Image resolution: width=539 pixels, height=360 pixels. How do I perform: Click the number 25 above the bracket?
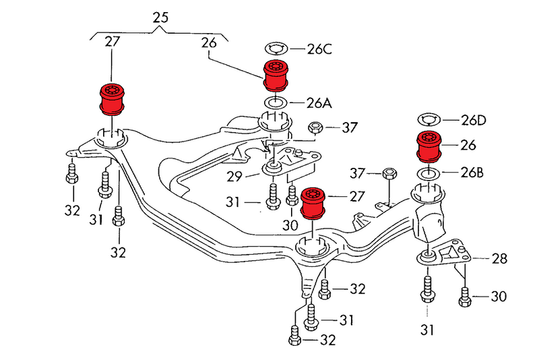pyautogui.click(x=160, y=18)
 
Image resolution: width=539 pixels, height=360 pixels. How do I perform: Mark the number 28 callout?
pyautogui.click(x=499, y=258)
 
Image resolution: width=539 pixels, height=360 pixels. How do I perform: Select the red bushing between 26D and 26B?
pyautogui.click(x=428, y=147)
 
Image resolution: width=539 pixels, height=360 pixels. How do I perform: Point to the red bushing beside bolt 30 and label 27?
pyautogui.click(x=313, y=203)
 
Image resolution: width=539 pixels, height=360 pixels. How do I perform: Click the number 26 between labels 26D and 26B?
pyautogui.click(x=468, y=145)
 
